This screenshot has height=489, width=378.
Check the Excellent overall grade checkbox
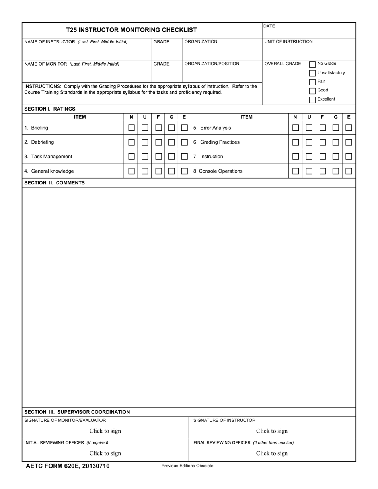point(312,100)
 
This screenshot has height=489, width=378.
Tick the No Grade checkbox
point(312,64)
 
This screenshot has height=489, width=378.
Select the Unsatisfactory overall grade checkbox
point(312,73)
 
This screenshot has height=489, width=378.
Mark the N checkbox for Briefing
point(131,128)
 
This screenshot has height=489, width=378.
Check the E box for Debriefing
point(184,142)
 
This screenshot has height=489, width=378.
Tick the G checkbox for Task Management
point(171,157)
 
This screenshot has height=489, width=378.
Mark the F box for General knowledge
point(158,171)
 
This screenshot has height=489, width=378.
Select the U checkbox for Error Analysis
point(309,128)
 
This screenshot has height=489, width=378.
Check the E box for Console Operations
point(349,171)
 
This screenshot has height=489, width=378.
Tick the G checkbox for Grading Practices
point(335,142)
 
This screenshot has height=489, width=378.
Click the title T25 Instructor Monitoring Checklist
point(131,30)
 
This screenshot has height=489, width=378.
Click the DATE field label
point(269,26)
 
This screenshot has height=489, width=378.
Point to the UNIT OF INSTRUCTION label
point(288,41)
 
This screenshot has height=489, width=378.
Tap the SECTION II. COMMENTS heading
point(55,183)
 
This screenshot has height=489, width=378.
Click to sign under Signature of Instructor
point(272,431)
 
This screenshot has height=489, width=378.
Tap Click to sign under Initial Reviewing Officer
point(105,453)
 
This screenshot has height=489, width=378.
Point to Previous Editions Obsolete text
point(187,466)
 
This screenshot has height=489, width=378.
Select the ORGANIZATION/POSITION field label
point(212,64)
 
